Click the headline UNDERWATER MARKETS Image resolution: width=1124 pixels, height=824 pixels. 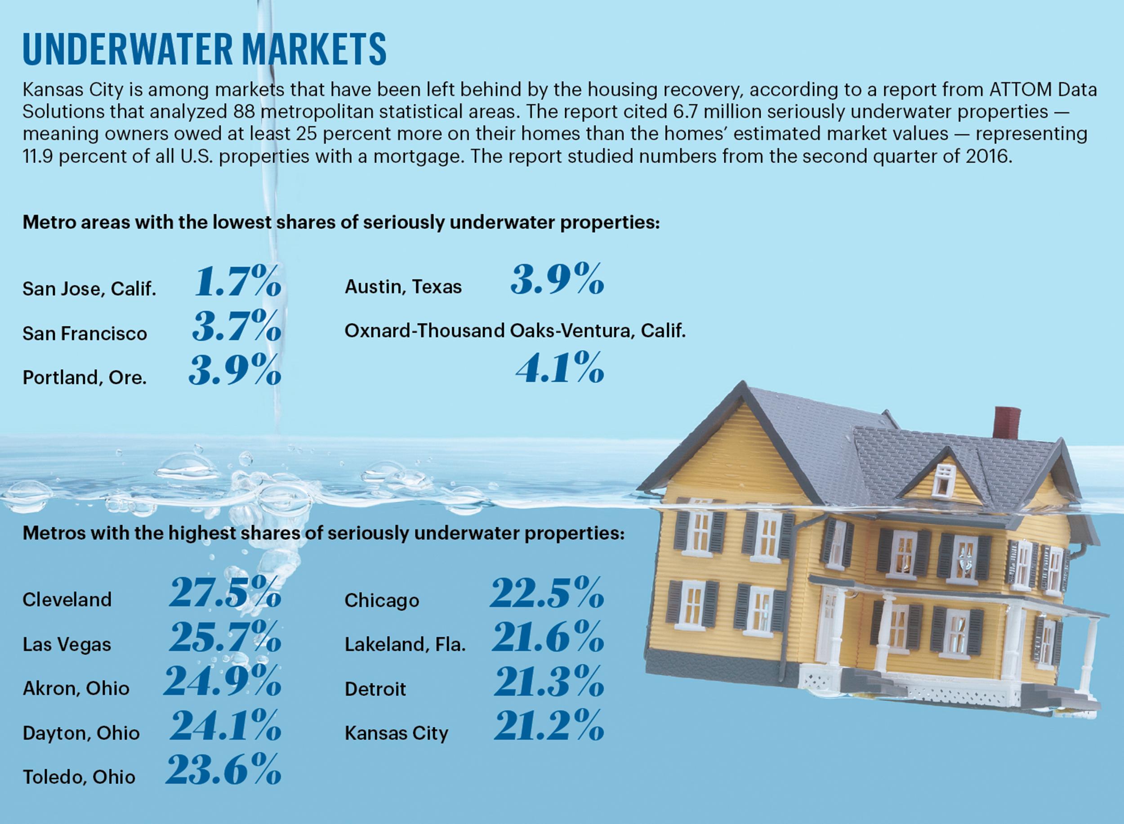[x=205, y=49]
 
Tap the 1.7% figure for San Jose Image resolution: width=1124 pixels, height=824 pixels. [x=237, y=282]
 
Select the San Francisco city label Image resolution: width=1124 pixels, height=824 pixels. [x=85, y=334]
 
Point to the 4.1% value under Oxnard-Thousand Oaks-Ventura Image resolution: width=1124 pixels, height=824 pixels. [x=560, y=368]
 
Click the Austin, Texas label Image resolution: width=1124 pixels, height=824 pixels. [x=403, y=287]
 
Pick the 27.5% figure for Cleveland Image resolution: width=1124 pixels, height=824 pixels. [x=225, y=594]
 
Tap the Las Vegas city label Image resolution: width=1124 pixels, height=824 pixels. [x=67, y=644]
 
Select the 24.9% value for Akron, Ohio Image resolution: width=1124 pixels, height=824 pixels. [x=223, y=682]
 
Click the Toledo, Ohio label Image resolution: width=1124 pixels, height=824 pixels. [x=79, y=777]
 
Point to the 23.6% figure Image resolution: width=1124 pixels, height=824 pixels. [x=223, y=770]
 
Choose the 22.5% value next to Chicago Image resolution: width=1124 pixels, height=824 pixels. [x=547, y=594]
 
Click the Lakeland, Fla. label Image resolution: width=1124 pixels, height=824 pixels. [x=405, y=645]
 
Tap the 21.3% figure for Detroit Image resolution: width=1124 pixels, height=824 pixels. [x=549, y=682]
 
